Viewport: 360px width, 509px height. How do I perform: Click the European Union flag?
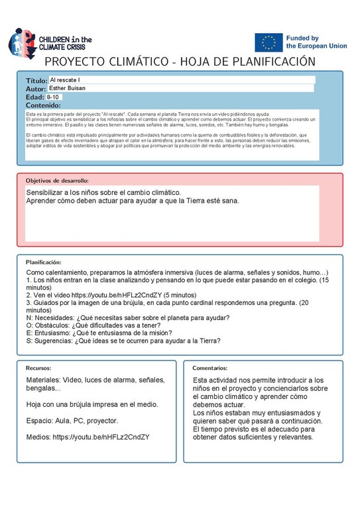tap(269, 42)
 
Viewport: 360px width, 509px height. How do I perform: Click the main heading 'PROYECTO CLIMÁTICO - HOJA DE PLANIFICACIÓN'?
tap(179, 62)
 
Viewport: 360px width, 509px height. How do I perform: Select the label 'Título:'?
tap(36, 80)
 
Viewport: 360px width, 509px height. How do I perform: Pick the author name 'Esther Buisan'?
tap(68, 88)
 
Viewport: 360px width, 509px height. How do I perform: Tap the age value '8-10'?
tap(53, 97)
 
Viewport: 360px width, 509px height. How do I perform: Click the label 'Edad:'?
tap(34, 97)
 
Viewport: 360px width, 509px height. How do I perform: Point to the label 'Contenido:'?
tap(43, 105)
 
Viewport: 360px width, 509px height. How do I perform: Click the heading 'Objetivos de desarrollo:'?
tap(57, 180)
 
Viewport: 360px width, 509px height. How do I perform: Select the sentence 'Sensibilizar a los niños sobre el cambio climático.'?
tap(103, 192)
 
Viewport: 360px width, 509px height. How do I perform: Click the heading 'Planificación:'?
tap(44, 262)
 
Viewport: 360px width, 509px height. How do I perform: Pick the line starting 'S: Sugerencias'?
tap(123, 341)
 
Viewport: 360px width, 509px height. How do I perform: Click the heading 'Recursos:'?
tap(38, 367)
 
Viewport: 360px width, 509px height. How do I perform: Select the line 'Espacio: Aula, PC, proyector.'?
tap(72, 420)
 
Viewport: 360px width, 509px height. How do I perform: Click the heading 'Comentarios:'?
tap(210, 367)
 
